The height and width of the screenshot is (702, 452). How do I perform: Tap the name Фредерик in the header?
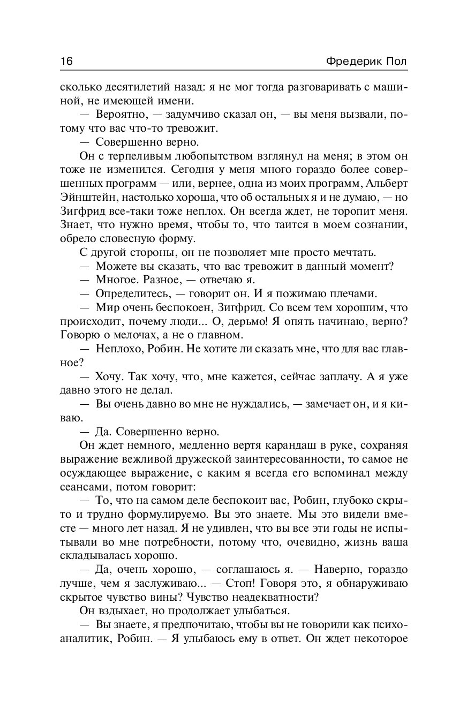click(x=353, y=61)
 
